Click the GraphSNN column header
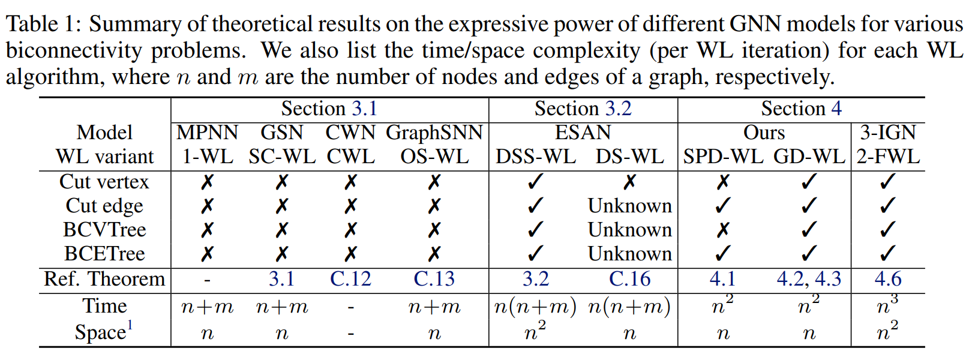(434, 133)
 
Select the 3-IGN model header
(888, 133)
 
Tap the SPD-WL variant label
(722, 157)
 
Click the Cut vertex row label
(104, 182)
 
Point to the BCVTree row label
(104, 229)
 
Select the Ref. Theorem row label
(104, 278)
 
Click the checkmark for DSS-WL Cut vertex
(535, 182)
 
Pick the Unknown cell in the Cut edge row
(630, 205)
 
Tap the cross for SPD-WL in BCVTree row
(722, 230)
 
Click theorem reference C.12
(350, 278)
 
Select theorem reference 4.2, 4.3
(809, 278)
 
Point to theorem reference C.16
(630, 278)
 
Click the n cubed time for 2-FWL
(887, 305)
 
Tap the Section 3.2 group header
(583, 109)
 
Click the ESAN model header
(583, 133)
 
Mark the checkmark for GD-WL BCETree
(809, 254)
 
